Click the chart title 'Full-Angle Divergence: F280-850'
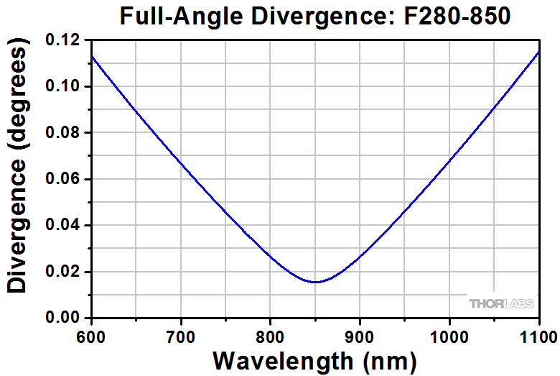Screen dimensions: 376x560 coord(315,16)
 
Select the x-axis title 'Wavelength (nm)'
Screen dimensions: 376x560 coord(314,359)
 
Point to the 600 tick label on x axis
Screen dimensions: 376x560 coord(92,334)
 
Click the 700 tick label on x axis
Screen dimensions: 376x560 coord(181,334)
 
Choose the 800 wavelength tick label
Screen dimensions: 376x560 coord(270,334)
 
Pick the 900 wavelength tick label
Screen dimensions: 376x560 coord(359,334)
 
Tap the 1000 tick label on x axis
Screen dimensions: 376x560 coord(449,334)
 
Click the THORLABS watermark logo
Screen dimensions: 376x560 coord(502,303)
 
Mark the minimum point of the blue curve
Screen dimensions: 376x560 coord(316,282)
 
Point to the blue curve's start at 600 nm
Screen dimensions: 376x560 coord(93,56)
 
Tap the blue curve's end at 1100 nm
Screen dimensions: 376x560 coord(538,52)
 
